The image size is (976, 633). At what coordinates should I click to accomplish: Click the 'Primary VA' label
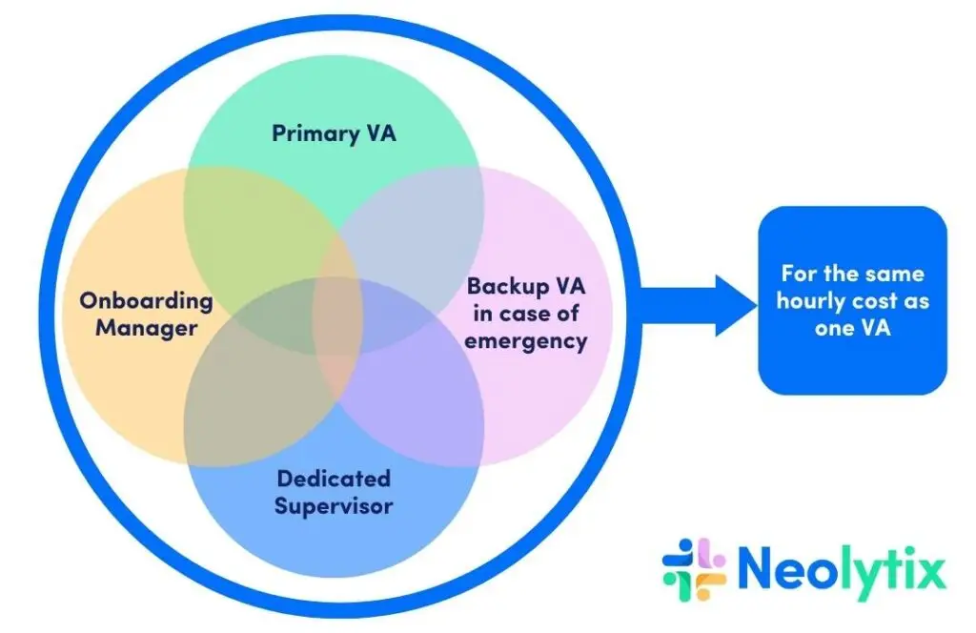[333, 133]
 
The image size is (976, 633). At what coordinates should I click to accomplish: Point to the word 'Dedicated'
[334, 478]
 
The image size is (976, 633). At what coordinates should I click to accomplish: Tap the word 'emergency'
[526, 340]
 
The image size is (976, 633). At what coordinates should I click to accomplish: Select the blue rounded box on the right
[852, 300]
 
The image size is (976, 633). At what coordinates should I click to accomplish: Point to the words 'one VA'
[853, 329]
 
